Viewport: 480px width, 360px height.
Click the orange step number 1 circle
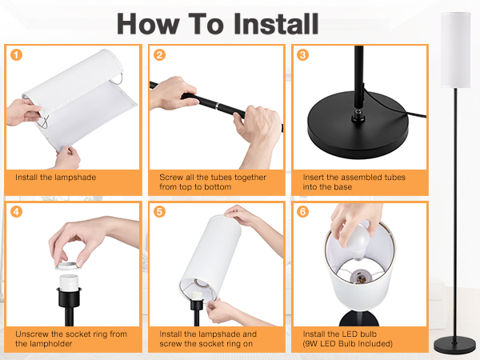click(16, 55)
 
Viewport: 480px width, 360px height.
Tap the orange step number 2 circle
click(159, 55)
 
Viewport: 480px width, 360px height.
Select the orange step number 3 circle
click(302, 55)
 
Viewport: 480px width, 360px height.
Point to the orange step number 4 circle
click(16, 211)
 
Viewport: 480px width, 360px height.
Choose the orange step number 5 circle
click(159, 211)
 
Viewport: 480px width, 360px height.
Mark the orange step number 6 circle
click(302, 211)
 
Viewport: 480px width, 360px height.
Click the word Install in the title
click(276, 24)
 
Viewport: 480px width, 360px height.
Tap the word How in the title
click(148, 24)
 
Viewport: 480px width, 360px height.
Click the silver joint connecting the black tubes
click(217, 106)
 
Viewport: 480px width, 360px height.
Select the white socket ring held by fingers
click(66, 265)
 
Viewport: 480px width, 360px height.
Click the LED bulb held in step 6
click(358, 242)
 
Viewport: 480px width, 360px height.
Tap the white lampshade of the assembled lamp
click(455, 50)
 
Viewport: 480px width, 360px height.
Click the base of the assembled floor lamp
click(454, 344)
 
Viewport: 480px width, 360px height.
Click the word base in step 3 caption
click(342, 186)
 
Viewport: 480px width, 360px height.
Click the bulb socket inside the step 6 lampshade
click(362, 276)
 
